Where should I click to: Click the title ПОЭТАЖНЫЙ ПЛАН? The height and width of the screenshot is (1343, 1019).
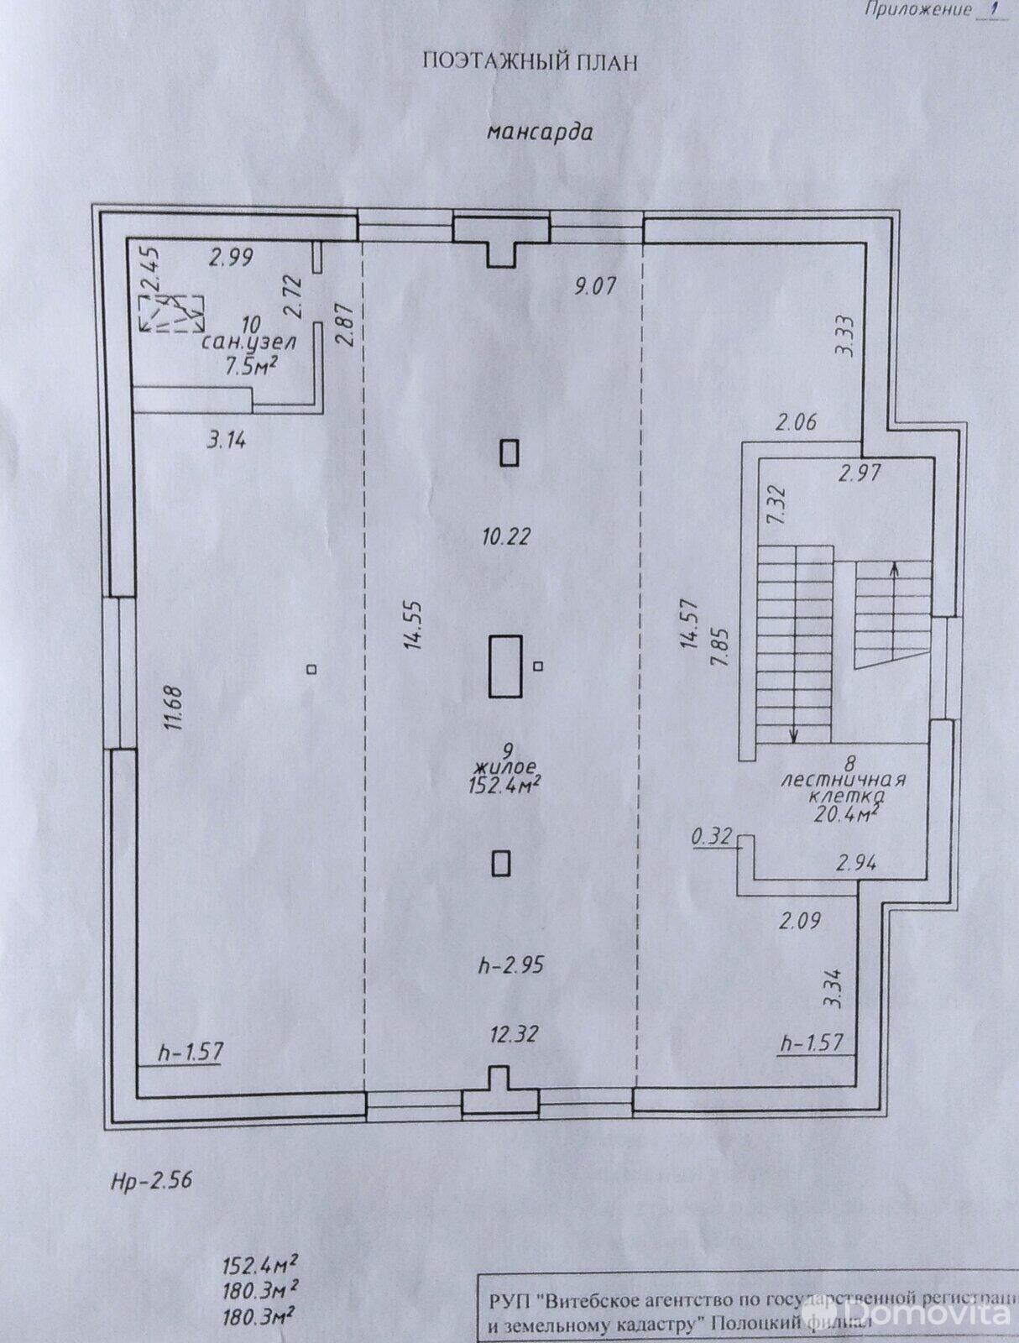click(x=530, y=62)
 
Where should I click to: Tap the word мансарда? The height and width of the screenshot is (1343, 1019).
click(x=540, y=132)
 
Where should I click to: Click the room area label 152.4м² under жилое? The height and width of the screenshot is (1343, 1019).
click(x=504, y=784)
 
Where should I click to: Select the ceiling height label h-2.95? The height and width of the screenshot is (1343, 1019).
click(x=510, y=965)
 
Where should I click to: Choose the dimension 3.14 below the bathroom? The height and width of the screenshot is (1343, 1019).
click(x=226, y=439)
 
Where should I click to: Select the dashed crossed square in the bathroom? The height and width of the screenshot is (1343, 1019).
click(x=171, y=312)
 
